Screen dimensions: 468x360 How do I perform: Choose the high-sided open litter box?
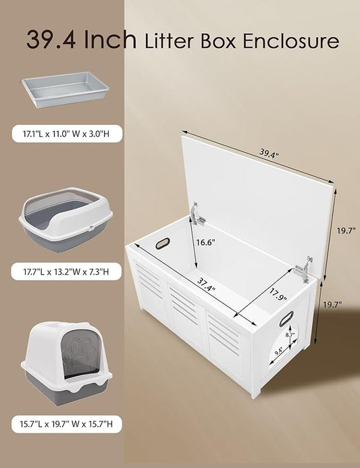[65, 224]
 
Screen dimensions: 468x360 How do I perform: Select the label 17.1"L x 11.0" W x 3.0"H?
[65, 134]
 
